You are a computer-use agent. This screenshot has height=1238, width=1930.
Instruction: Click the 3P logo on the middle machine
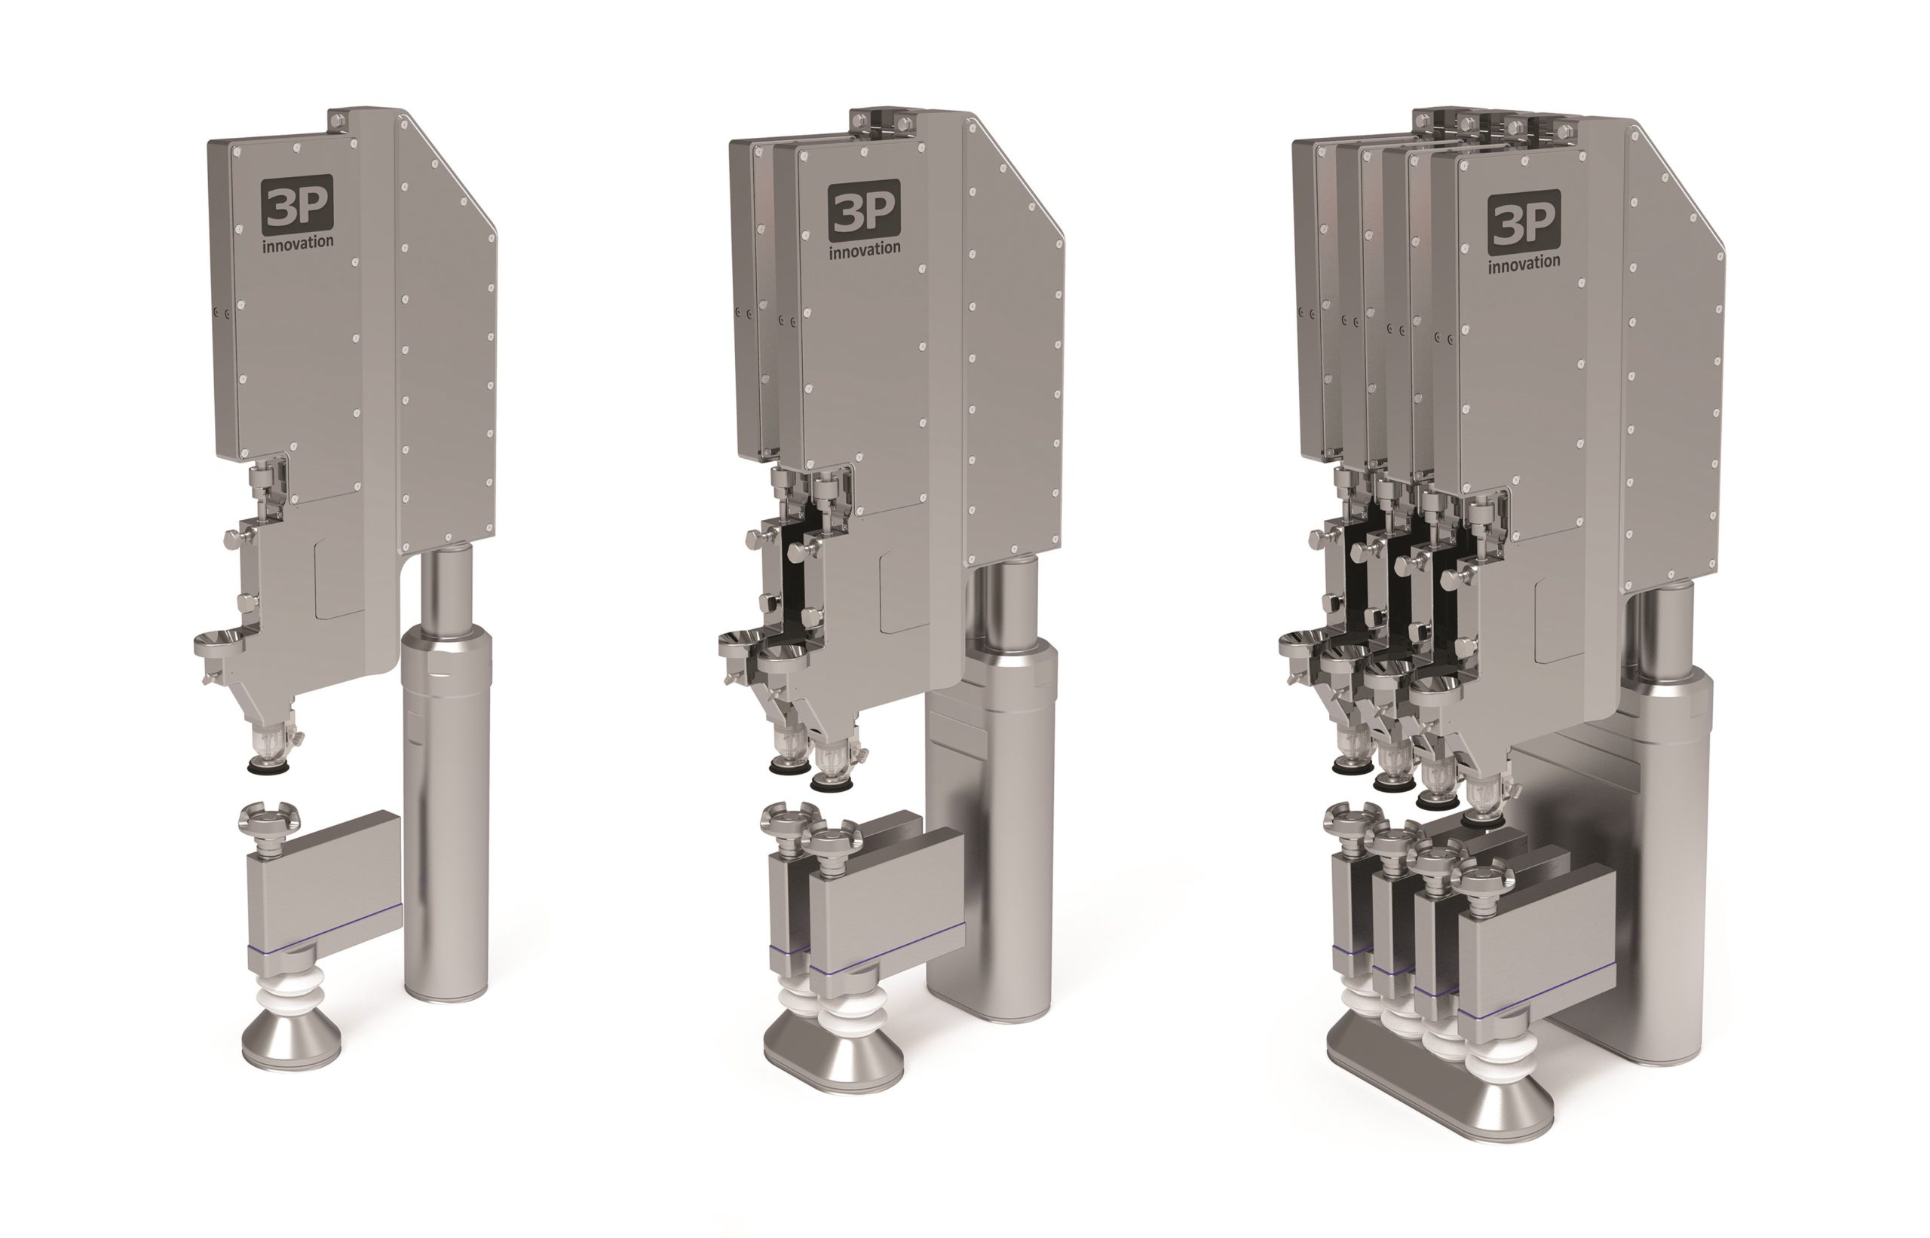[864, 209]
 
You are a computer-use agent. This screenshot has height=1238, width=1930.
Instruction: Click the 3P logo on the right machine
[1523, 222]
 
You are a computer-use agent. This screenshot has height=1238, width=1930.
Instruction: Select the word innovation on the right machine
[1524, 263]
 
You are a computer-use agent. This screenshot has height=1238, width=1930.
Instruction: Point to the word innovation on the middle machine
[865, 249]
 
